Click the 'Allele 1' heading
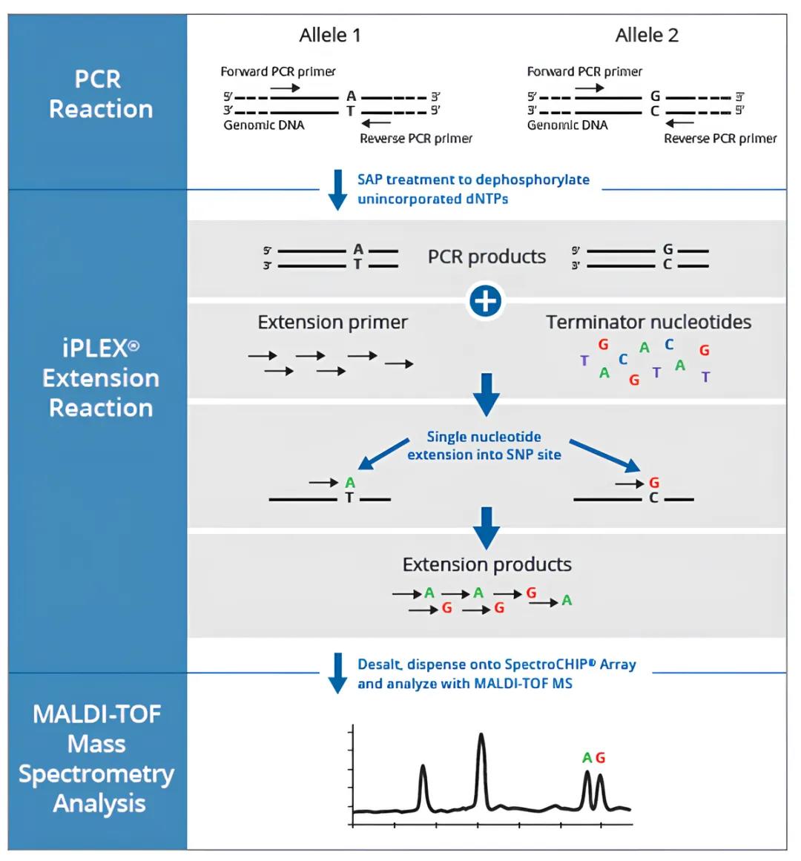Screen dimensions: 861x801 [x=330, y=35]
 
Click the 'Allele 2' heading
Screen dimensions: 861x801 [x=647, y=35]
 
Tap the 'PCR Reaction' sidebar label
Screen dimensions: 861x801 [x=100, y=94]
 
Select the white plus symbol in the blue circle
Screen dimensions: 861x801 [x=486, y=302]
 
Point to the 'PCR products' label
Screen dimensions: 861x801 [x=487, y=257]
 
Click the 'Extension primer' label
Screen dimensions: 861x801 [x=332, y=323]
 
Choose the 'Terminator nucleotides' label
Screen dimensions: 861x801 [x=648, y=322]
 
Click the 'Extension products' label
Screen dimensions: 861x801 [x=487, y=564]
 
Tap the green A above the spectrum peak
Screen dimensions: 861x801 [x=587, y=758]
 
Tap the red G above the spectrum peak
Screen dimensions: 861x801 [x=600, y=758]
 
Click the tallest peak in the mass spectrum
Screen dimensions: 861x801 [x=481, y=738]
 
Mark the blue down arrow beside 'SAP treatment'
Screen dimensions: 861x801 [x=337, y=189]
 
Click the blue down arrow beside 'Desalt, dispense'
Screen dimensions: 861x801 [x=337, y=673]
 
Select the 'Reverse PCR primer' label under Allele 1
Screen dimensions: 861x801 [x=415, y=139]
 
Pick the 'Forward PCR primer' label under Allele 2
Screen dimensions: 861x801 [x=584, y=72]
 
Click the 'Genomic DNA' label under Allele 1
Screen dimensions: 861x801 [x=264, y=125]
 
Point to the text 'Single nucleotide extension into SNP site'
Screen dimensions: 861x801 [x=484, y=446]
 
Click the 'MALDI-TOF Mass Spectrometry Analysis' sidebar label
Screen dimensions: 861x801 [x=97, y=759]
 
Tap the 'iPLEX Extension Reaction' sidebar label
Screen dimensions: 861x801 [x=100, y=378]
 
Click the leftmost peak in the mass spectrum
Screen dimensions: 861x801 [x=423, y=769]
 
